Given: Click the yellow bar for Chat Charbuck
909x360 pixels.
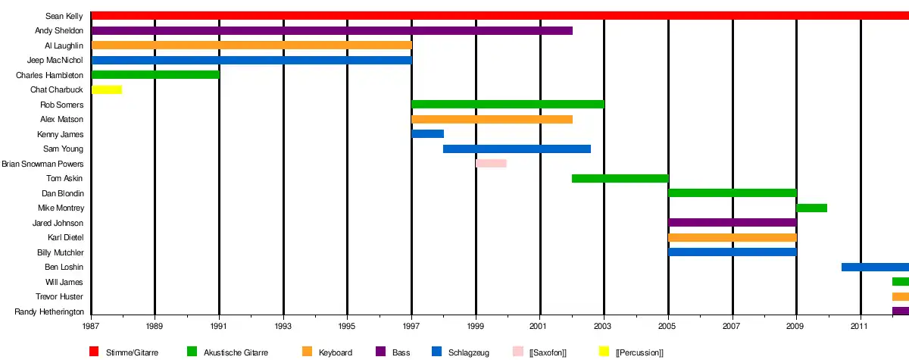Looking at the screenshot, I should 107,89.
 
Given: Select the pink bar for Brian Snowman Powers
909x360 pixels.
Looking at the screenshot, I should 491,163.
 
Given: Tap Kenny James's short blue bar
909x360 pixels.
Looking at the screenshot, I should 427,134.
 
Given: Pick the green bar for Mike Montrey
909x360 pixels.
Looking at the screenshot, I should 811,208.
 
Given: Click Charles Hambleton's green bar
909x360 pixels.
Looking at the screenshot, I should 155,74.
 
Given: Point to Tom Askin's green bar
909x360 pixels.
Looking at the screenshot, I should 620,178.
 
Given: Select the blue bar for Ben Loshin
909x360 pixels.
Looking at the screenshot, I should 874,267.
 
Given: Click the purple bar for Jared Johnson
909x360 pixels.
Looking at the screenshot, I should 732,222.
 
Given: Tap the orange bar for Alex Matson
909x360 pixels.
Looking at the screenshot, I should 492,119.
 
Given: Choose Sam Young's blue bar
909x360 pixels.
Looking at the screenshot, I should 517,149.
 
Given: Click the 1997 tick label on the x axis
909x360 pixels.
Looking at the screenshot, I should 411,326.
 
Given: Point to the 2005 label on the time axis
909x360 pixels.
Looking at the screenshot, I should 668,326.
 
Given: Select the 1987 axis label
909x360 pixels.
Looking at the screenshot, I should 91,326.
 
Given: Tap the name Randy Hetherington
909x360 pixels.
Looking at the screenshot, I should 49,311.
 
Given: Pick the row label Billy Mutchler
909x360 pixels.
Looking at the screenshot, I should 61,252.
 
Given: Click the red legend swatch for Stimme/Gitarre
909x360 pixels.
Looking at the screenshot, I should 95,352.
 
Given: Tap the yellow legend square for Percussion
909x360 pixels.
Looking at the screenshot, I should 604,352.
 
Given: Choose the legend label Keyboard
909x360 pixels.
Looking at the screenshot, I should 336,352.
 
